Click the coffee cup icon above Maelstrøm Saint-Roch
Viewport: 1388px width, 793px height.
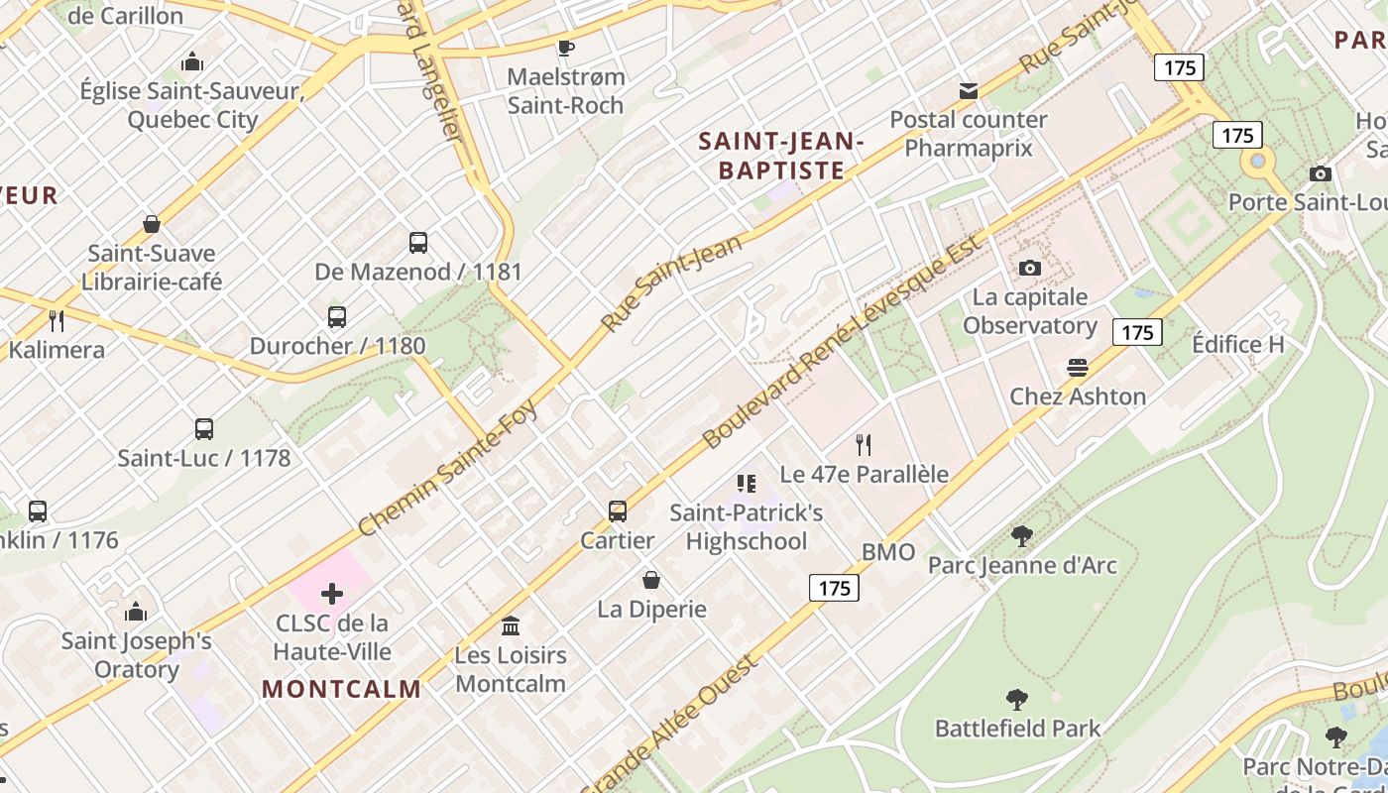coord(565,47)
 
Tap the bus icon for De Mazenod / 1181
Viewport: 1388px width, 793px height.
coord(418,242)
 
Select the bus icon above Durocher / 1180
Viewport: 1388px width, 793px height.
coord(337,317)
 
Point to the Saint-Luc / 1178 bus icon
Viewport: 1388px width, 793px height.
coord(204,428)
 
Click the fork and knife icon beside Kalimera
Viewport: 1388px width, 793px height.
coord(57,320)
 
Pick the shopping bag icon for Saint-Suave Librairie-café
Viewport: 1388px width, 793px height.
coord(152,224)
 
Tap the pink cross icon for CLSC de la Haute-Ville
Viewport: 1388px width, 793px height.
coord(332,594)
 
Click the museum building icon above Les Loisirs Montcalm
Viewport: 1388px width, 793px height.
coord(511,625)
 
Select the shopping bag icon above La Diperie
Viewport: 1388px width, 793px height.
coord(651,579)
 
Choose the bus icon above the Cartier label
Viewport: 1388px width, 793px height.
coord(618,510)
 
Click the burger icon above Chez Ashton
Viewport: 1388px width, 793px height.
coord(1078,368)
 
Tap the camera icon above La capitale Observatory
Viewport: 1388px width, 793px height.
coord(1030,268)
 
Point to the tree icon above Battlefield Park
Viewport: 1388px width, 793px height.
coord(1017,699)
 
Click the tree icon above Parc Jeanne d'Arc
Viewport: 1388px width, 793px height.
coord(1022,536)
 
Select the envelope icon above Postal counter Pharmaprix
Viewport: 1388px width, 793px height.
coord(969,91)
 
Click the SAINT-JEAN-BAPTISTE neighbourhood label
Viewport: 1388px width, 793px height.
coord(781,156)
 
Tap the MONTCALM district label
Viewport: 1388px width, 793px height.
coord(342,689)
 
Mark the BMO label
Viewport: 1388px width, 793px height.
coord(888,552)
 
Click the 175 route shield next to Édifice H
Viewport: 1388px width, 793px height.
coord(1137,332)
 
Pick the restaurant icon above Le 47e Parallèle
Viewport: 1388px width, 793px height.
coord(864,445)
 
